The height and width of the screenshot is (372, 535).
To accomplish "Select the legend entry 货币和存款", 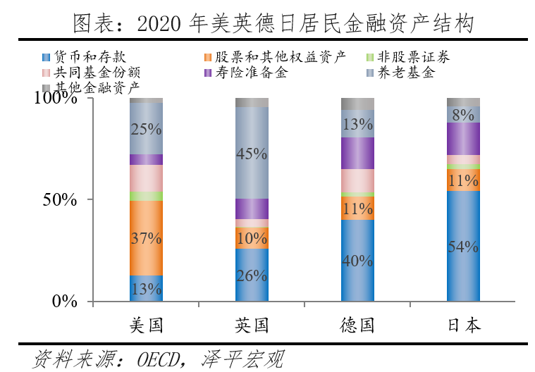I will [88, 56].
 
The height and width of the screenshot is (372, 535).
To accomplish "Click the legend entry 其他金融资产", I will [95, 87].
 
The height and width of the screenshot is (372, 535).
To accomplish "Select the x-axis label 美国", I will [146, 325].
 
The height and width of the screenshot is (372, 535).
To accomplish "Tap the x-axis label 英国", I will [252, 325].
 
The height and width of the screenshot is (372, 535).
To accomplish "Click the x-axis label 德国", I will [357, 325].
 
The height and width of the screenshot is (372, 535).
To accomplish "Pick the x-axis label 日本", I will [463, 325].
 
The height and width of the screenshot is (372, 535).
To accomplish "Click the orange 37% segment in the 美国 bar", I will [146, 238].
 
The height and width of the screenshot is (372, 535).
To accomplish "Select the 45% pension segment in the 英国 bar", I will [252, 153].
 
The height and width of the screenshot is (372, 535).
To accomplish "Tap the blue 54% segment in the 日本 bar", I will [463, 247].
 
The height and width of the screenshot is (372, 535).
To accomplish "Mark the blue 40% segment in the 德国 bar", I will [357, 261].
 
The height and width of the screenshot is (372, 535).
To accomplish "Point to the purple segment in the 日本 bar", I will [463, 138].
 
